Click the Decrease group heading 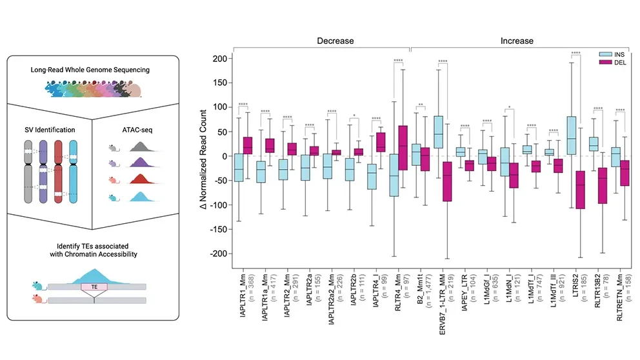click(x=335, y=41)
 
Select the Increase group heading click(x=517, y=41)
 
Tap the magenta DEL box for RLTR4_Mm click(x=403, y=148)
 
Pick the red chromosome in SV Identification click(x=59, y=172)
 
